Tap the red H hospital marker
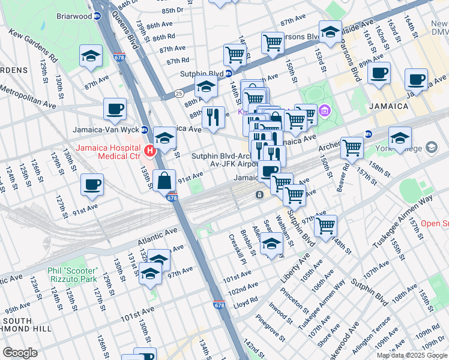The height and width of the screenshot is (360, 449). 148,151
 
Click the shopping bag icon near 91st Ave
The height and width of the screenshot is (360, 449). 164,180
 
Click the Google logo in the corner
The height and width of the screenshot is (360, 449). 20,353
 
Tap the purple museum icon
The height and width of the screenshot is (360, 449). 325,110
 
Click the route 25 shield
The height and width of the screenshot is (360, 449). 179,94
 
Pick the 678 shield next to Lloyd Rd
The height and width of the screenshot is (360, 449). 220,305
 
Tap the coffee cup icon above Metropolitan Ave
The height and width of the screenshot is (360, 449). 115,109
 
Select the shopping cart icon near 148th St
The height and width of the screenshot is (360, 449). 325,226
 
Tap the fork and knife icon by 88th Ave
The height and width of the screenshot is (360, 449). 212,117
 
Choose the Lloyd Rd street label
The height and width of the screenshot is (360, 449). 246,304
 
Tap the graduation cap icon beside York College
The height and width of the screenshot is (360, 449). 400,139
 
